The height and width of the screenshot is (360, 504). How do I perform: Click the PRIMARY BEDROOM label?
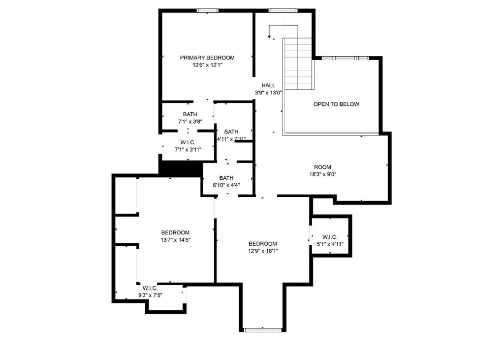(207, 58)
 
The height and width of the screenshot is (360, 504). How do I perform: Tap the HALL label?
(268, 85)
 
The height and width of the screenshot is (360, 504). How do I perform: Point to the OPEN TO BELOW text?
(336, 104)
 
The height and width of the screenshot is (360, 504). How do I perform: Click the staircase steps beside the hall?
(298, 64)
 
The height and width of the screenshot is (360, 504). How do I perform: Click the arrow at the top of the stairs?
(270, 34)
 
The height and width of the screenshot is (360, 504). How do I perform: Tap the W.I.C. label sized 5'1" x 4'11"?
(330, 237)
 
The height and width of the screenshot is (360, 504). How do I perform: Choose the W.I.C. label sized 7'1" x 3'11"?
(188, 142)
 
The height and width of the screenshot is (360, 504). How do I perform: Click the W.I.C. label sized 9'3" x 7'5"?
(150, 288)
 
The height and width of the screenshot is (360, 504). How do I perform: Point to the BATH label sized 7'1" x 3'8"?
(189, 114)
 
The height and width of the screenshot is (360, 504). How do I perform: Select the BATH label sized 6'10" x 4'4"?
(226, 178)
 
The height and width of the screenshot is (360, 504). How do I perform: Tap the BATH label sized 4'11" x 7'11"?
(231, 131)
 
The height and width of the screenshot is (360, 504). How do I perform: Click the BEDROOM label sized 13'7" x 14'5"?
(175, 232)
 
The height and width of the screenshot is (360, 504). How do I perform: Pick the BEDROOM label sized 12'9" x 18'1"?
(262, 243)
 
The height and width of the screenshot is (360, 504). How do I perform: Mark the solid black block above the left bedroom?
(181, 168)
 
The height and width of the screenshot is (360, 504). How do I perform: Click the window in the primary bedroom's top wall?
(207, 10)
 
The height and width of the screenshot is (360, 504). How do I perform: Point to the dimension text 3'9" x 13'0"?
(268, 93)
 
